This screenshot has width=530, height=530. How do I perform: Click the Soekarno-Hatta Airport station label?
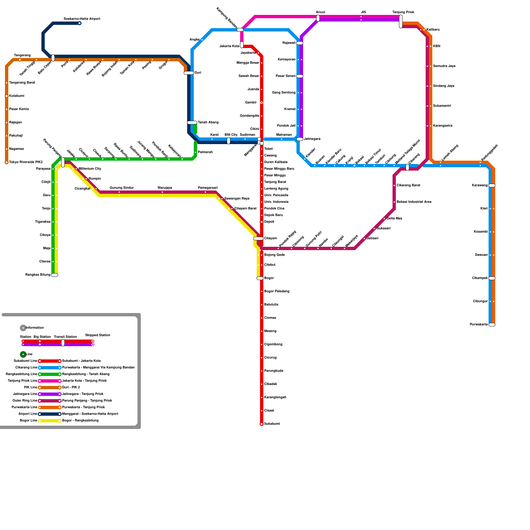(x=82, y=19)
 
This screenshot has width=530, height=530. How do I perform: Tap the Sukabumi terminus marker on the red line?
(x=262, y=424)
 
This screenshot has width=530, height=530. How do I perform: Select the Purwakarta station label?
(x=479, y=324)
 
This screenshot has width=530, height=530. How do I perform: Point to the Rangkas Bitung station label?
(x=38, y=275)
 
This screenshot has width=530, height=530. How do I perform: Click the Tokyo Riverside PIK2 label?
(x=26, y=162)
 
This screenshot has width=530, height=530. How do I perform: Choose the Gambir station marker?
(x=262, y=103)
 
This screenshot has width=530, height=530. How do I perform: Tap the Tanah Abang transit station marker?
(x=192, y=123)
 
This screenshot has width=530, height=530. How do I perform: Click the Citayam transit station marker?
(x=258, y=238)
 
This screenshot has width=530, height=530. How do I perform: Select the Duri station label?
(x=198, y=73)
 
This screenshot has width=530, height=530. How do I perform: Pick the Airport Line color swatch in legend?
(x=50, y=414)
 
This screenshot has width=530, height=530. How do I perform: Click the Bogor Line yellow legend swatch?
(x=50, y=421)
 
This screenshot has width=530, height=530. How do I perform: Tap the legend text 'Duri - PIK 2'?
(x=71, y=387)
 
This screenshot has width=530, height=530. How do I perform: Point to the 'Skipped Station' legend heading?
(x=98, y=335)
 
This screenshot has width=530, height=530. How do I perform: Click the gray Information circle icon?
(x=23, y=328)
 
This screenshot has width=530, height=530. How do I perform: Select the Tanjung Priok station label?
(x=403, y=12)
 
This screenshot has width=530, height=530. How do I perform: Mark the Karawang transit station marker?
(x=492, y=185)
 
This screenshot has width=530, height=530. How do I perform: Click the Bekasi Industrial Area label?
(x=414, y=202)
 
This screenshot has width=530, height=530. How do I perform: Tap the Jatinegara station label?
(x=312, y=139)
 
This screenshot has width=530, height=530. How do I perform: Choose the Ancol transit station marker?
(x=318, y=18)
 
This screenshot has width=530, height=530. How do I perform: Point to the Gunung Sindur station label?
(x=122, y=188)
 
